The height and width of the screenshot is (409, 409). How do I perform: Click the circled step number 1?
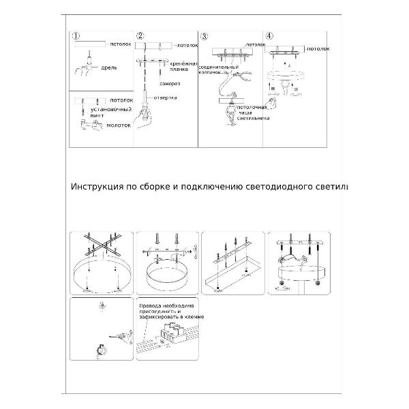76,36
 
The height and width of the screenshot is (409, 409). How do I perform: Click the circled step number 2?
140,36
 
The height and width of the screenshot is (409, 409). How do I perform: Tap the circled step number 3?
204,36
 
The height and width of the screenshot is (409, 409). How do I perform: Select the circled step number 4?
269,36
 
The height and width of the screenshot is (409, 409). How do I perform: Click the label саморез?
170,84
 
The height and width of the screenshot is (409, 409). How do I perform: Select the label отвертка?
166,97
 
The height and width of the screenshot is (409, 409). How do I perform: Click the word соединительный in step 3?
217,68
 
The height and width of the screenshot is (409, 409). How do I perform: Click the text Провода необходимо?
166,307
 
